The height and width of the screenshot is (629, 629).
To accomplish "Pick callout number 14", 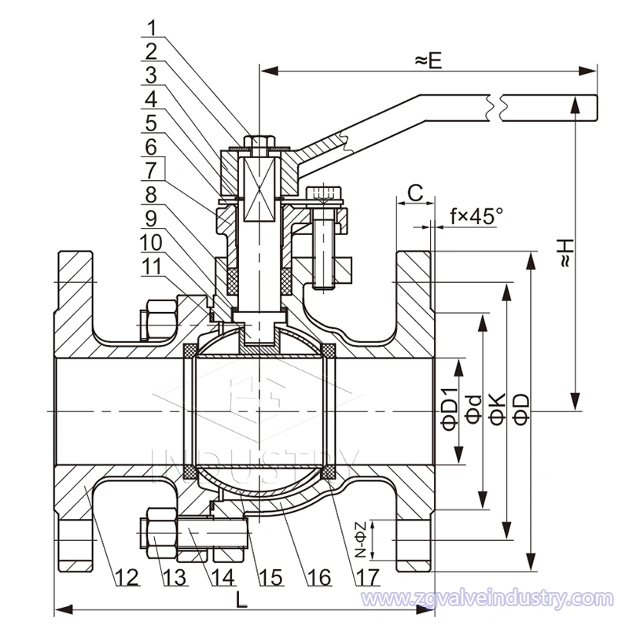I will (x=223, y=577).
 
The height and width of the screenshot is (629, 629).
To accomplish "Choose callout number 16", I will (x=318, y=577).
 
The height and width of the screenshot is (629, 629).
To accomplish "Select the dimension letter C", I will (x=416, y=191).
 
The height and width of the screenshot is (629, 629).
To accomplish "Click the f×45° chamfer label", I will (x=476, y=215).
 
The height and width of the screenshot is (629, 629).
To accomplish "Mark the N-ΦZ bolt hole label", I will (x=359, y=541).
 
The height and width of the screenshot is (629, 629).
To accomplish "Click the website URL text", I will (x=487, y=599).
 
